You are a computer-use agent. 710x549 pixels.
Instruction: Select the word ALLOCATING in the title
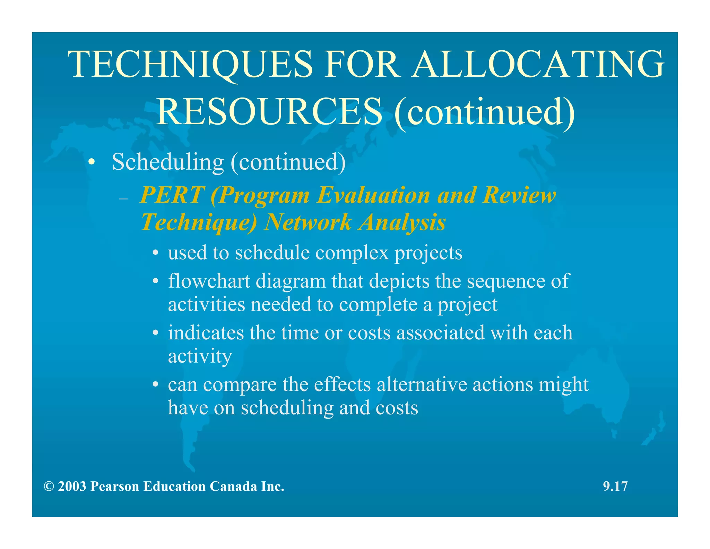pos(538,65)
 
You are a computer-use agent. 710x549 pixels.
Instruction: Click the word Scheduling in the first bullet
pos(168,162)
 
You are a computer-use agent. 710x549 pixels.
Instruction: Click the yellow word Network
pos(308,222)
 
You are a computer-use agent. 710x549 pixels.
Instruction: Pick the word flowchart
pos(209,281)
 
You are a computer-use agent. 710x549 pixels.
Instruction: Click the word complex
pos(352,253)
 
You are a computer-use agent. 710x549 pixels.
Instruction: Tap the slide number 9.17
pos(615,486)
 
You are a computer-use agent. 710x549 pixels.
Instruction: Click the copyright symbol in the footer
pos(49,487)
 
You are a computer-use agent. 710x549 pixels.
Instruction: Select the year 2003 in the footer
pos(72,487)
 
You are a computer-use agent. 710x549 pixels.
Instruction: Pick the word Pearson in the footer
pos(114,487)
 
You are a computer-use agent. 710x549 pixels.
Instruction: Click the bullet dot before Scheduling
pos(91,162)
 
